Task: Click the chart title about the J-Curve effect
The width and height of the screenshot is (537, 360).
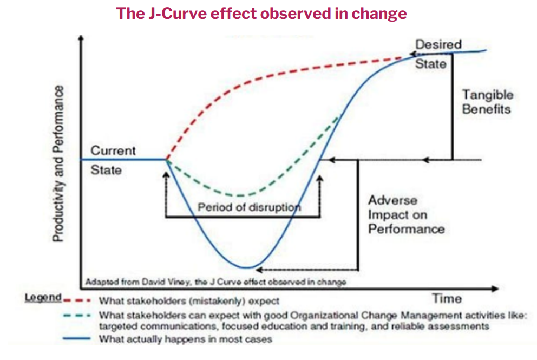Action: [x=261, y=14]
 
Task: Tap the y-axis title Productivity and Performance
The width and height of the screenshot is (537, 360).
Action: [x=59, y=163]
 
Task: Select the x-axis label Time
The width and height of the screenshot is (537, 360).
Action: [x=447, y=298]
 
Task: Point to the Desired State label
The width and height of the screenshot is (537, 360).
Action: [x=430, y=54]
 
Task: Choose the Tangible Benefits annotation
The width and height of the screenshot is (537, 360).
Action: [x=486, y=101]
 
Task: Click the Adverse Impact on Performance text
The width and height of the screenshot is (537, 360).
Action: [x=406, y=214]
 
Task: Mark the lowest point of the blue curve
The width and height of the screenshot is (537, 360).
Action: [x=246, y=267]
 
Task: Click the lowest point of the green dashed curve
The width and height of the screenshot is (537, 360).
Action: [x=240, y=195]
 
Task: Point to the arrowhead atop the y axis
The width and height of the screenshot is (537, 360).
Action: [x=81, y=38]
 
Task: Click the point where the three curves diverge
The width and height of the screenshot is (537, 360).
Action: [x=166, y=160]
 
